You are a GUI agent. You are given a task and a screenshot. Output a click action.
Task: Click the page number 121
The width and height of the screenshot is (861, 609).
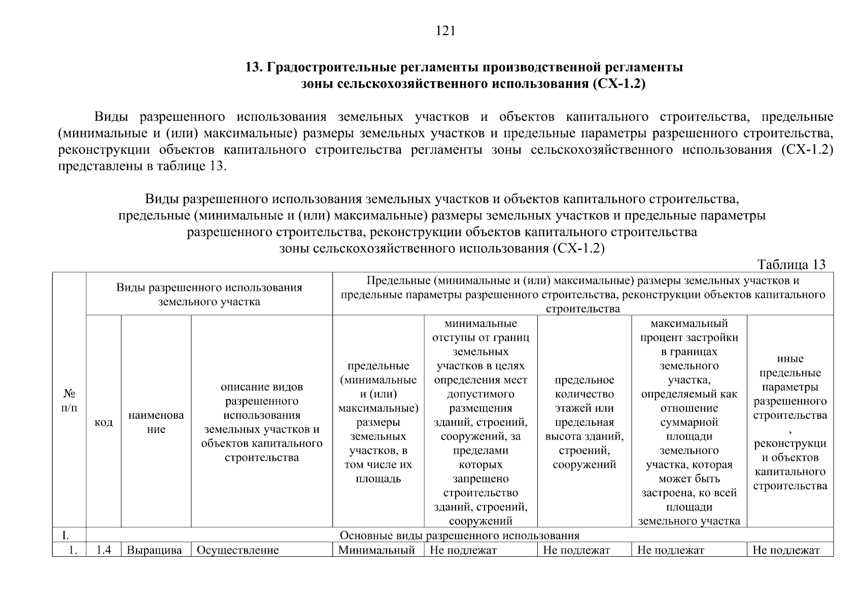click(x=445, y=31)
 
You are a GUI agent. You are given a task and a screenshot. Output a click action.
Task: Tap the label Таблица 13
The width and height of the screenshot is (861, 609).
click(x=791, y=264)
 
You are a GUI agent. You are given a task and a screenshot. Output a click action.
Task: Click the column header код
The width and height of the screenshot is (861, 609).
click(x=104, y=422)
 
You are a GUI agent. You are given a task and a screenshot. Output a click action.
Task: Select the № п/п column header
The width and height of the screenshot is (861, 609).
click(x=70, y=401)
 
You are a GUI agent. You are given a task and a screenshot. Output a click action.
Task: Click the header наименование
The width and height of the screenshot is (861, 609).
click(x=156, y=422)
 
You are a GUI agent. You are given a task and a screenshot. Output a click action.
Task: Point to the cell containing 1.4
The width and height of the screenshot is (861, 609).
click(x=104, y=550)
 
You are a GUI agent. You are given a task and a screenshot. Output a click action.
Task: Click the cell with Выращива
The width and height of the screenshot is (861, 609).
click(x=154, y=550)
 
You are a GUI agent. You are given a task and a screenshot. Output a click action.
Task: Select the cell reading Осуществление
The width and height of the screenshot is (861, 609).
click(x=237, y=550)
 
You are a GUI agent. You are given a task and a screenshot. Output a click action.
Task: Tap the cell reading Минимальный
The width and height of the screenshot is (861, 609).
click(x=376, y=550)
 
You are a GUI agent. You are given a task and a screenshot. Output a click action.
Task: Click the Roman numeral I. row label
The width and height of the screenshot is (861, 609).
click(x=66, y=535)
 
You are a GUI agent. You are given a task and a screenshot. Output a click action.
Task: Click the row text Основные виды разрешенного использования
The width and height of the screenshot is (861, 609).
click(x=459, y=535)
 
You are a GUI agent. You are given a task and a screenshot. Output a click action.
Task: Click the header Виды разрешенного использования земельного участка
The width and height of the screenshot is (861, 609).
click(x=209, y=294)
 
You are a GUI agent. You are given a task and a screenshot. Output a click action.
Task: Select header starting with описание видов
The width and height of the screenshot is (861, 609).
click(x=262, y=422)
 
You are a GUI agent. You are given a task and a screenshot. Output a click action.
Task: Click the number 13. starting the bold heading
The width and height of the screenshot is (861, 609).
click(x=254, y=67)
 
